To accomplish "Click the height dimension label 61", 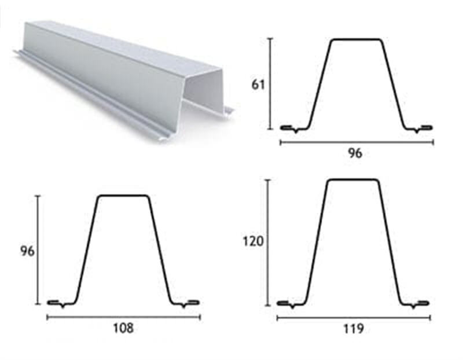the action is (x=258, y=85).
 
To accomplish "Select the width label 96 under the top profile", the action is (x=355, y=153).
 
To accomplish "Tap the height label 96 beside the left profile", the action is (x=27, y=251).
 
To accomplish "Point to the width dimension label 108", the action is (x=123, y=328).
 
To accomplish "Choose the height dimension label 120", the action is (x=253, y=241).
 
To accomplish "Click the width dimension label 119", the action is (x=354, y=328).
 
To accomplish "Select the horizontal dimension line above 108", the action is (x=124, y=318).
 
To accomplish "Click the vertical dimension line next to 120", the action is (x=268, y=243).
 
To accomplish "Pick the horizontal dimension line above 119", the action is (x=354, y=318).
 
